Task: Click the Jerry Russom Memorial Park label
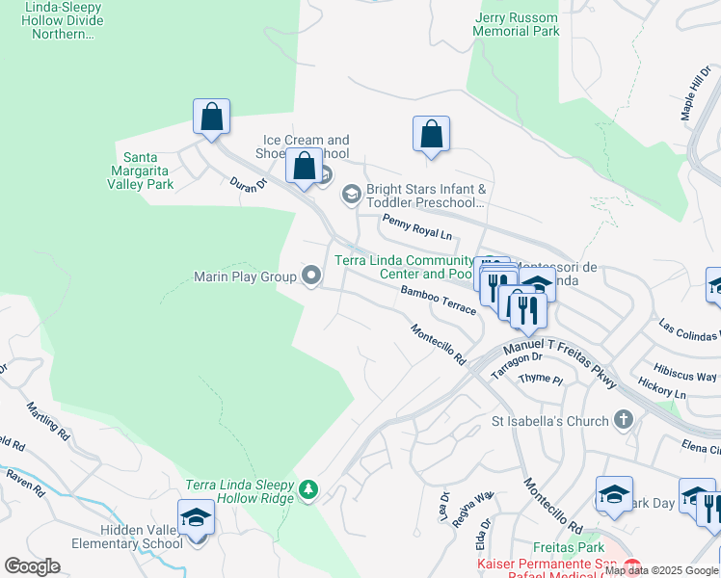click(517, 24)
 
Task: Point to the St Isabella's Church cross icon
click(624, 420)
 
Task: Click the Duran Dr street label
click(248, 183)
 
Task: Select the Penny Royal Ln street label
click(416, 227)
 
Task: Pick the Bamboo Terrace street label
click(439, 300)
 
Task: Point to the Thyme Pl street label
click(540, 380)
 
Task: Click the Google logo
click(32, 566)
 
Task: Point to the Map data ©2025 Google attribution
click(661, 570)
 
